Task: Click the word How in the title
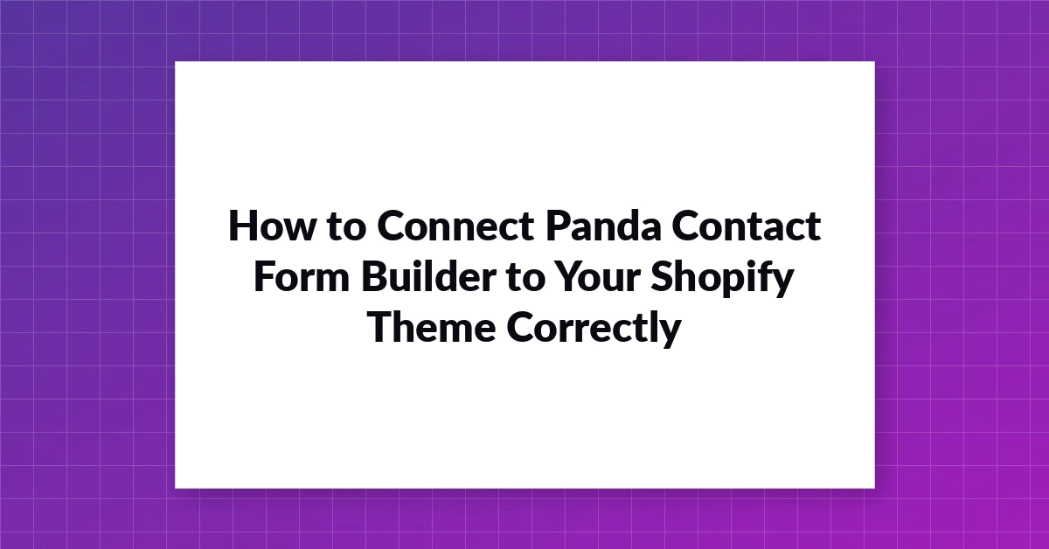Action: (272, 226)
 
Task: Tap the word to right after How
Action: (346, 226)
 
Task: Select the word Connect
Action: (455, 226)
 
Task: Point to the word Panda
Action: (603, 226)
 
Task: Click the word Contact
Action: (746, 226)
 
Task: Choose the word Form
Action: (302, 276)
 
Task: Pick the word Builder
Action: (428, 276)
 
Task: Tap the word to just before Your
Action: (526, 277)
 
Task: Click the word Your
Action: (598, 276)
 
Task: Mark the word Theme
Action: (432, 327)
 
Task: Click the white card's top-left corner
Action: (175, 62)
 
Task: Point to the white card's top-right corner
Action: (874, 62)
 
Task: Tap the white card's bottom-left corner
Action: (175, 488)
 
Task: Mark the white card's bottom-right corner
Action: (874, 488)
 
